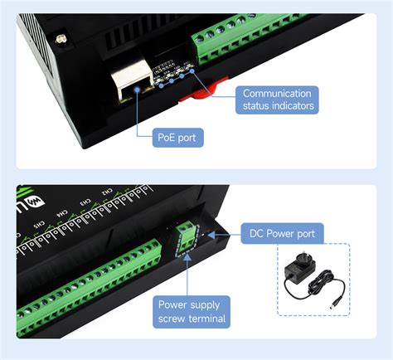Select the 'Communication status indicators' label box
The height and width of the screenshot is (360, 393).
point(277,99)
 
